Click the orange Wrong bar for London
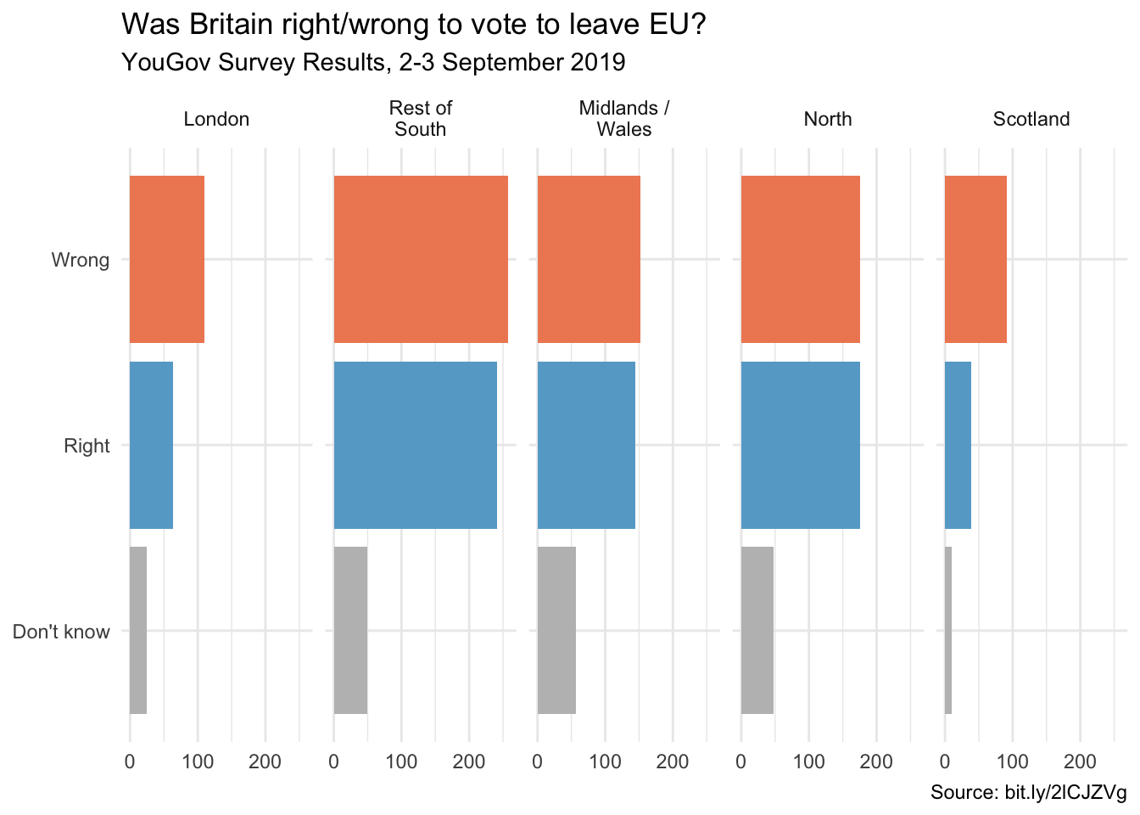tap(167, 259)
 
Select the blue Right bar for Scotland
tap(958, 445)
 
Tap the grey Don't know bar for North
tap(757, 630)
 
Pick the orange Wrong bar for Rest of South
tap(421, 259)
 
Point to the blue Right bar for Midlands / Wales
tap(586, 445)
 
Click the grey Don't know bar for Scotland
tap(948, 630)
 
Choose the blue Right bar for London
tap(151, 445)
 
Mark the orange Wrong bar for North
tap(801, 259)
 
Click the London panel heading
tap(216, 119)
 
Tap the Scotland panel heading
tap(1031, 119)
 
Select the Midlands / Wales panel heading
tap(624, 119)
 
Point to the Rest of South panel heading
tap(421, 119)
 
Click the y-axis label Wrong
tap(81, 260)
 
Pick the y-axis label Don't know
tap(61, 632)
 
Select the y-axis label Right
tap(87, 446)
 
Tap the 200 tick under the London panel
tap(265, 762)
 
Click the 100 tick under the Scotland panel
tap(1012, 762)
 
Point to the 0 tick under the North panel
tap(741, 762)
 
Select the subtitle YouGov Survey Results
tap(373, 62)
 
